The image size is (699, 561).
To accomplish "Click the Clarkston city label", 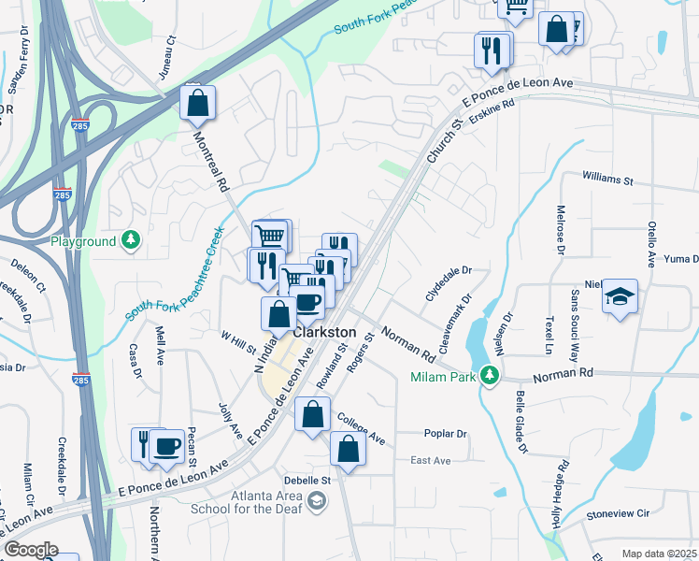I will (x=324, y=333).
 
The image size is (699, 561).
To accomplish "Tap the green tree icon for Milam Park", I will (x=488, y=377).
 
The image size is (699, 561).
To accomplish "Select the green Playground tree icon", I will (x=131, y=241).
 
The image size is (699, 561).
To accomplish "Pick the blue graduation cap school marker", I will (x=620, y=297).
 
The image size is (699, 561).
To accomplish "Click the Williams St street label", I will (x=607, y=177).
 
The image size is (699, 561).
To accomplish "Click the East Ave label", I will (x=431, y=461).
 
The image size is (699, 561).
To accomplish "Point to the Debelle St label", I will (x=314, y=480).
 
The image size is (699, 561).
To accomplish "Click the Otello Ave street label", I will (x=651, y=243).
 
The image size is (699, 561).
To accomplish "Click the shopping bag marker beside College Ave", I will (x=348, y=449).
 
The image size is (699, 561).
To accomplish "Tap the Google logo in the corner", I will (x=30, y=550).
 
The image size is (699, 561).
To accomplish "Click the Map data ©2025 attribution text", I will (x=659, y=554).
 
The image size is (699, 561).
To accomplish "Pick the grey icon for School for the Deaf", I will (x=318, y=503).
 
